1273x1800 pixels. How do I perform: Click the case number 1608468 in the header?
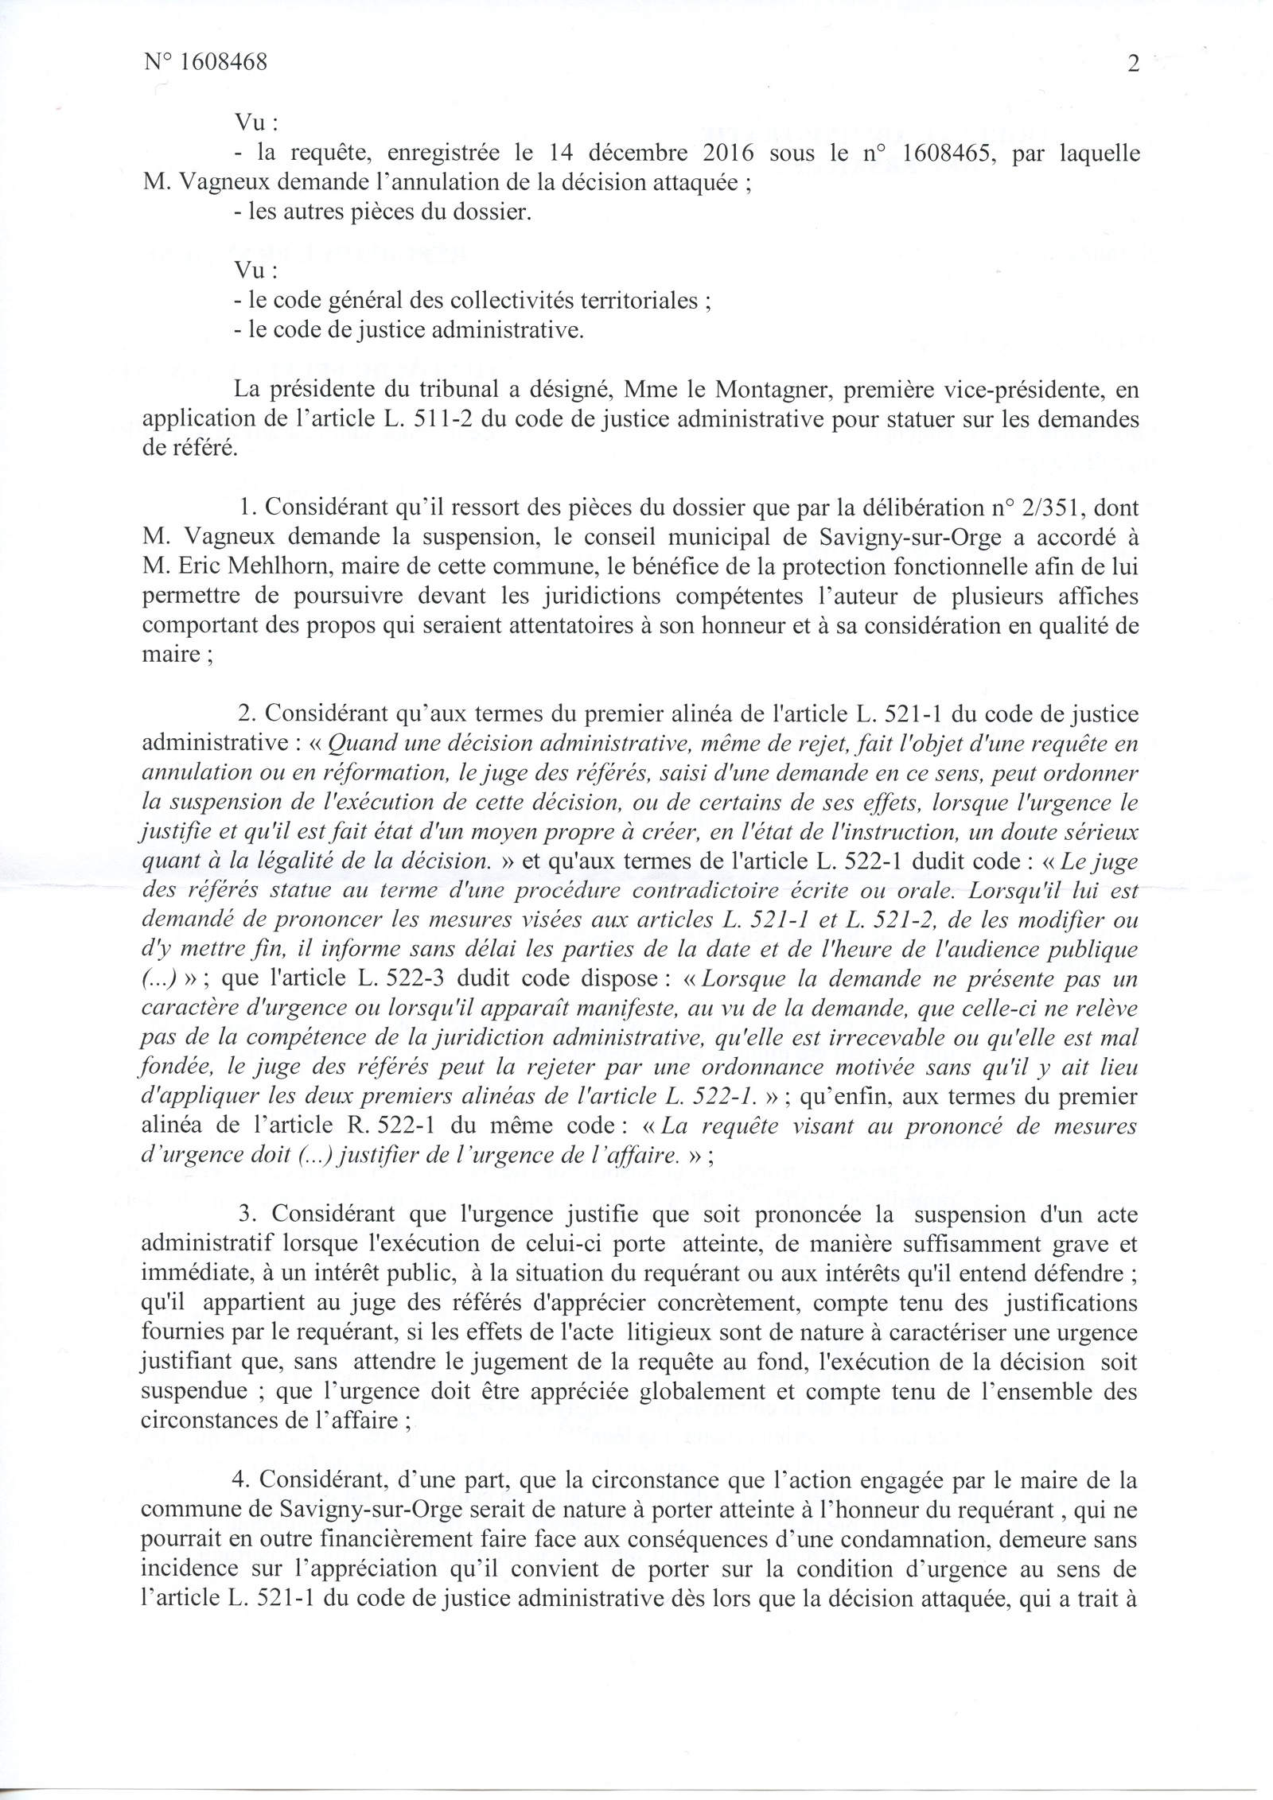click(224, 63)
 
